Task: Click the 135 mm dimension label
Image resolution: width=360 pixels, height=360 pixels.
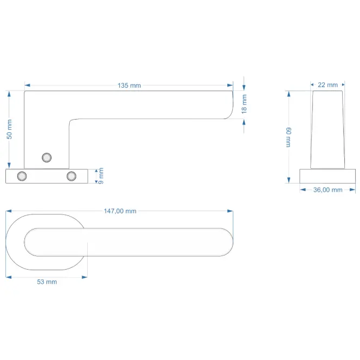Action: (x=129, y=86)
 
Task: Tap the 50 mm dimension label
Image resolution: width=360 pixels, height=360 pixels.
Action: (x=9, y=129)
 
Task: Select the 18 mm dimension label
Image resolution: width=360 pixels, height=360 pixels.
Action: (x=244, y=104)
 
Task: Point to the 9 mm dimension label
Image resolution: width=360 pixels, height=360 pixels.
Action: (x=101, y=176)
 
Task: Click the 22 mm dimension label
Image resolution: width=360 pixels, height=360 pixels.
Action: (x=328, y=85)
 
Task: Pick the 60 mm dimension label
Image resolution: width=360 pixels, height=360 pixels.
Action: (x=289, y=138)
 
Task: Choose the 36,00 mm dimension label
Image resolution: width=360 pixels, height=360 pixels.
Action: (x=328, y=190)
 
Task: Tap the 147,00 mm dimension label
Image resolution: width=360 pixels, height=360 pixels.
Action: (x=120, y=211)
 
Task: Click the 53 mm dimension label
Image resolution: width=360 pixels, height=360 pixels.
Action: (x=47, y=282)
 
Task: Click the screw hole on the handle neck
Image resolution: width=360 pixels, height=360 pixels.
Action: (x=47, y=158)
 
